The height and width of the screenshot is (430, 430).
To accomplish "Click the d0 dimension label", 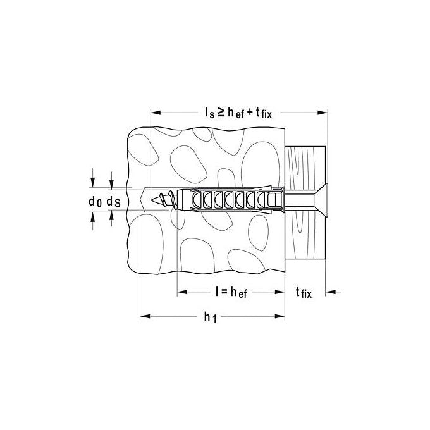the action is (x=95, y=202).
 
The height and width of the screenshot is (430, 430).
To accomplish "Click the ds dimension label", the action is (x=113, y=202).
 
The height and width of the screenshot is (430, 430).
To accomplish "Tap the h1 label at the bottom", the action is (x=211, y=317).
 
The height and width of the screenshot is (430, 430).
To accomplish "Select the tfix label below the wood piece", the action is (x=304, y=293).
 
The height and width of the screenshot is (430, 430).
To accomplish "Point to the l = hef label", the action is (x=231, y=292).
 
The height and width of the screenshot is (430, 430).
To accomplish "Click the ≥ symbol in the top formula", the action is (x=221, y=112).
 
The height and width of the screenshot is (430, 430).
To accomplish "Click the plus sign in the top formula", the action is (x=250, y=112).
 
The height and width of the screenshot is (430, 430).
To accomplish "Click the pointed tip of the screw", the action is (x=151, y=200).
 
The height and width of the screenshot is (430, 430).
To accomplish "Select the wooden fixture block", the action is (x=305, y=204).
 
